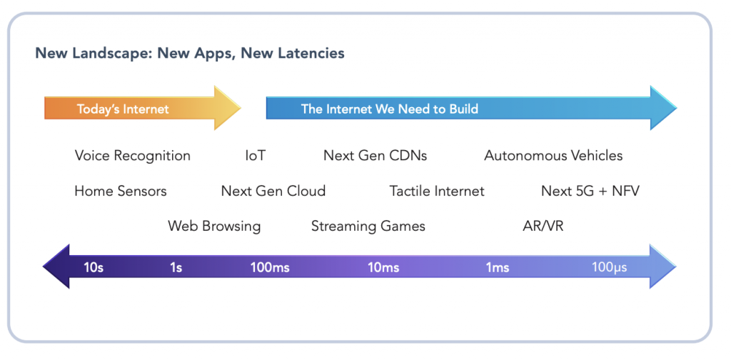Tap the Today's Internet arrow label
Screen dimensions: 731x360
tap(123, 109)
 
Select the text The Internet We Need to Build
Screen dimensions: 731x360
tap(389, 109)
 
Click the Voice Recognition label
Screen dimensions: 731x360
tap(132, 156)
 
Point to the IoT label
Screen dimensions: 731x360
tap(255, 156)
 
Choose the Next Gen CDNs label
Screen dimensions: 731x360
tap(375, 156)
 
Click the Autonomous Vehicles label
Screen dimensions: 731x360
tap(553, 156)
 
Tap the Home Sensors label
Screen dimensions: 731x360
tap(120, 191)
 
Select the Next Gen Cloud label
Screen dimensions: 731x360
tap(273, 191)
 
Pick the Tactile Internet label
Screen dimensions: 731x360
tap(437, 191)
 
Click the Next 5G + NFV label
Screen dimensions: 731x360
tap(590, 191)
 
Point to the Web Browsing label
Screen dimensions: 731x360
tap(214, 226)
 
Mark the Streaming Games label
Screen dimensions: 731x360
tap(368, 226)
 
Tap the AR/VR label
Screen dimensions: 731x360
tap(543, 226)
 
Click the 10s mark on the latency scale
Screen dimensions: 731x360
tap(94, 268)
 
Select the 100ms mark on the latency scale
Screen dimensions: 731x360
tap(270, 268)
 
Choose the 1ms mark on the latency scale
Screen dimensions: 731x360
tap(498, 268)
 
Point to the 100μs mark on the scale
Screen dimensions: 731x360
tap(610, 268)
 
